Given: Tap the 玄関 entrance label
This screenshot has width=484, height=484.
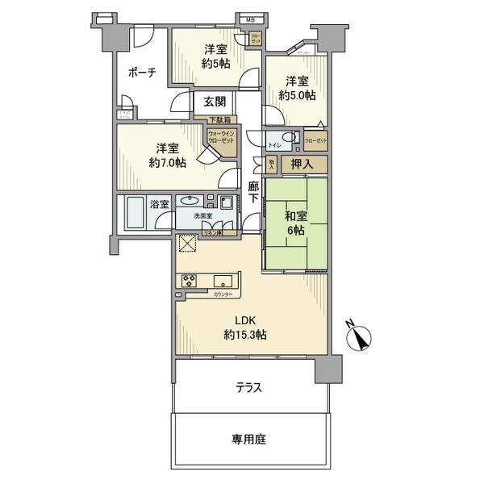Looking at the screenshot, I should coord(214,102).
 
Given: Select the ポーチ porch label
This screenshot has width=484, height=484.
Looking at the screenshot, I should coord(141,73).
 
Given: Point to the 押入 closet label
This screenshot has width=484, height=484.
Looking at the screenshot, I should coord(315,164).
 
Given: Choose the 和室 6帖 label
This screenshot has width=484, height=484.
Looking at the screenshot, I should coord(294,222).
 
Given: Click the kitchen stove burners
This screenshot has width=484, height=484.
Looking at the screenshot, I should coord(190,282).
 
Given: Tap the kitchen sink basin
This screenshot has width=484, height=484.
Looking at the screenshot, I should coord(223,282).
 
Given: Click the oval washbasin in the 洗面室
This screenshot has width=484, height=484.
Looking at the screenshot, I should coord(192,201).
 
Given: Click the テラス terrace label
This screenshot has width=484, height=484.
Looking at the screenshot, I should coord(249,388).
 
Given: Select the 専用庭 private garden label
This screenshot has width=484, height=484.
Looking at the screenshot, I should coord(249,440).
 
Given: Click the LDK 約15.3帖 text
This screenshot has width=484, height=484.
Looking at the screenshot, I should coord(247,327).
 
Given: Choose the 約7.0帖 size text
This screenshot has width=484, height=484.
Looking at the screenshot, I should coord(167,162).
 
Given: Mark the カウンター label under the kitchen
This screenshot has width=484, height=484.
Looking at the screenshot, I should coord(223,294).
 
